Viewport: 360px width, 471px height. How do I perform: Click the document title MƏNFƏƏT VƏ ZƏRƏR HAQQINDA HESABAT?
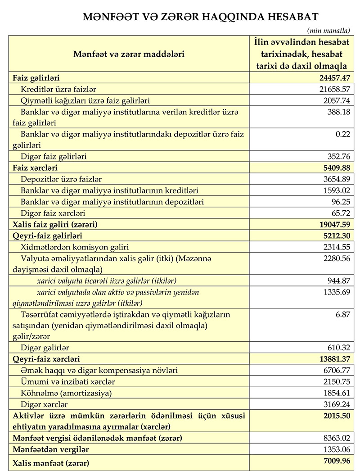coord(200,17)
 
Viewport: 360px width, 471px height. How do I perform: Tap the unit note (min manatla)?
coord(328,31)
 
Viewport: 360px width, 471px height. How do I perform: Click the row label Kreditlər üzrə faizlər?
coord(58,89)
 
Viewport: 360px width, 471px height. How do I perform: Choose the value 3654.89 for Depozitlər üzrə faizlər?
coord(334,179)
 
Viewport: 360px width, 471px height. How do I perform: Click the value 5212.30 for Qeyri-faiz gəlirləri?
coord(333,235)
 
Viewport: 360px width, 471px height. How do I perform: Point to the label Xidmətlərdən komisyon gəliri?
coord(75,247)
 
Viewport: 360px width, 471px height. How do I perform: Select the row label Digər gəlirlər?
coord(45,348)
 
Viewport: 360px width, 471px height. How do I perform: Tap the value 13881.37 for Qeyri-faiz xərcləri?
coord(331,359)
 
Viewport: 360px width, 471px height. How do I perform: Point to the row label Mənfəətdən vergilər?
coord(51,449)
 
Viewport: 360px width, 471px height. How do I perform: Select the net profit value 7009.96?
coord(333,461)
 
